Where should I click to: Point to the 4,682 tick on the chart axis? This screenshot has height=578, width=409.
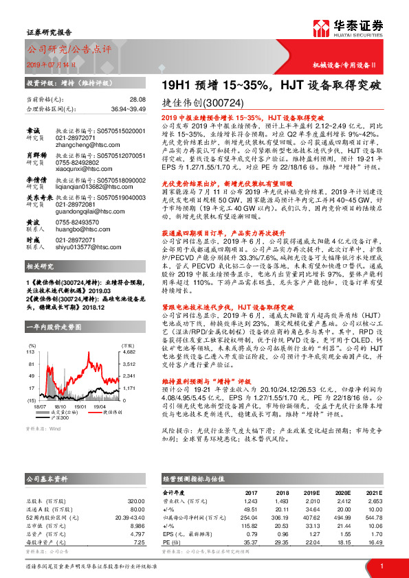click(111, 351)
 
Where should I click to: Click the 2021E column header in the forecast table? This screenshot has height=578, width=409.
click(373, 492)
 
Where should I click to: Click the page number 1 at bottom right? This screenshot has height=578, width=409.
click(381, 566)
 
